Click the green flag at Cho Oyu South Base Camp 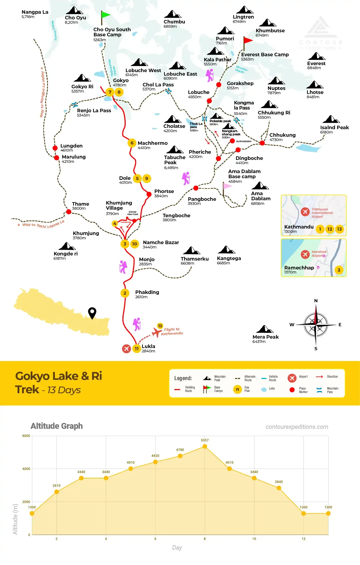click(105, 15)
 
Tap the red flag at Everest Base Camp click(248, 40)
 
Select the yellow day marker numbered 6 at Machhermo click(132, 143)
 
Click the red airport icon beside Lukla click(126, 349)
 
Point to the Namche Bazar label click(161, 243)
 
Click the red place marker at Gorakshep click(219, 85)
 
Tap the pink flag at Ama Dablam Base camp click(227, 186)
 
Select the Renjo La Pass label click(94, 111)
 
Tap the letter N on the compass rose click(316, 301)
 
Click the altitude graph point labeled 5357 click(205, 446)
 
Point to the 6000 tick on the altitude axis click(26, 436)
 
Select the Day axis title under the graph click(177, 548)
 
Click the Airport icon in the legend click(292, 378)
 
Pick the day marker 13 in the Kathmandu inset click(339, 229)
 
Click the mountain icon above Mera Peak click(265, 329)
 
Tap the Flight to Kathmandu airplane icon click(157, 332)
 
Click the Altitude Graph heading click(57, 426)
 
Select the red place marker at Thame click(69, 212)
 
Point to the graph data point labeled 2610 click(57, 492)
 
